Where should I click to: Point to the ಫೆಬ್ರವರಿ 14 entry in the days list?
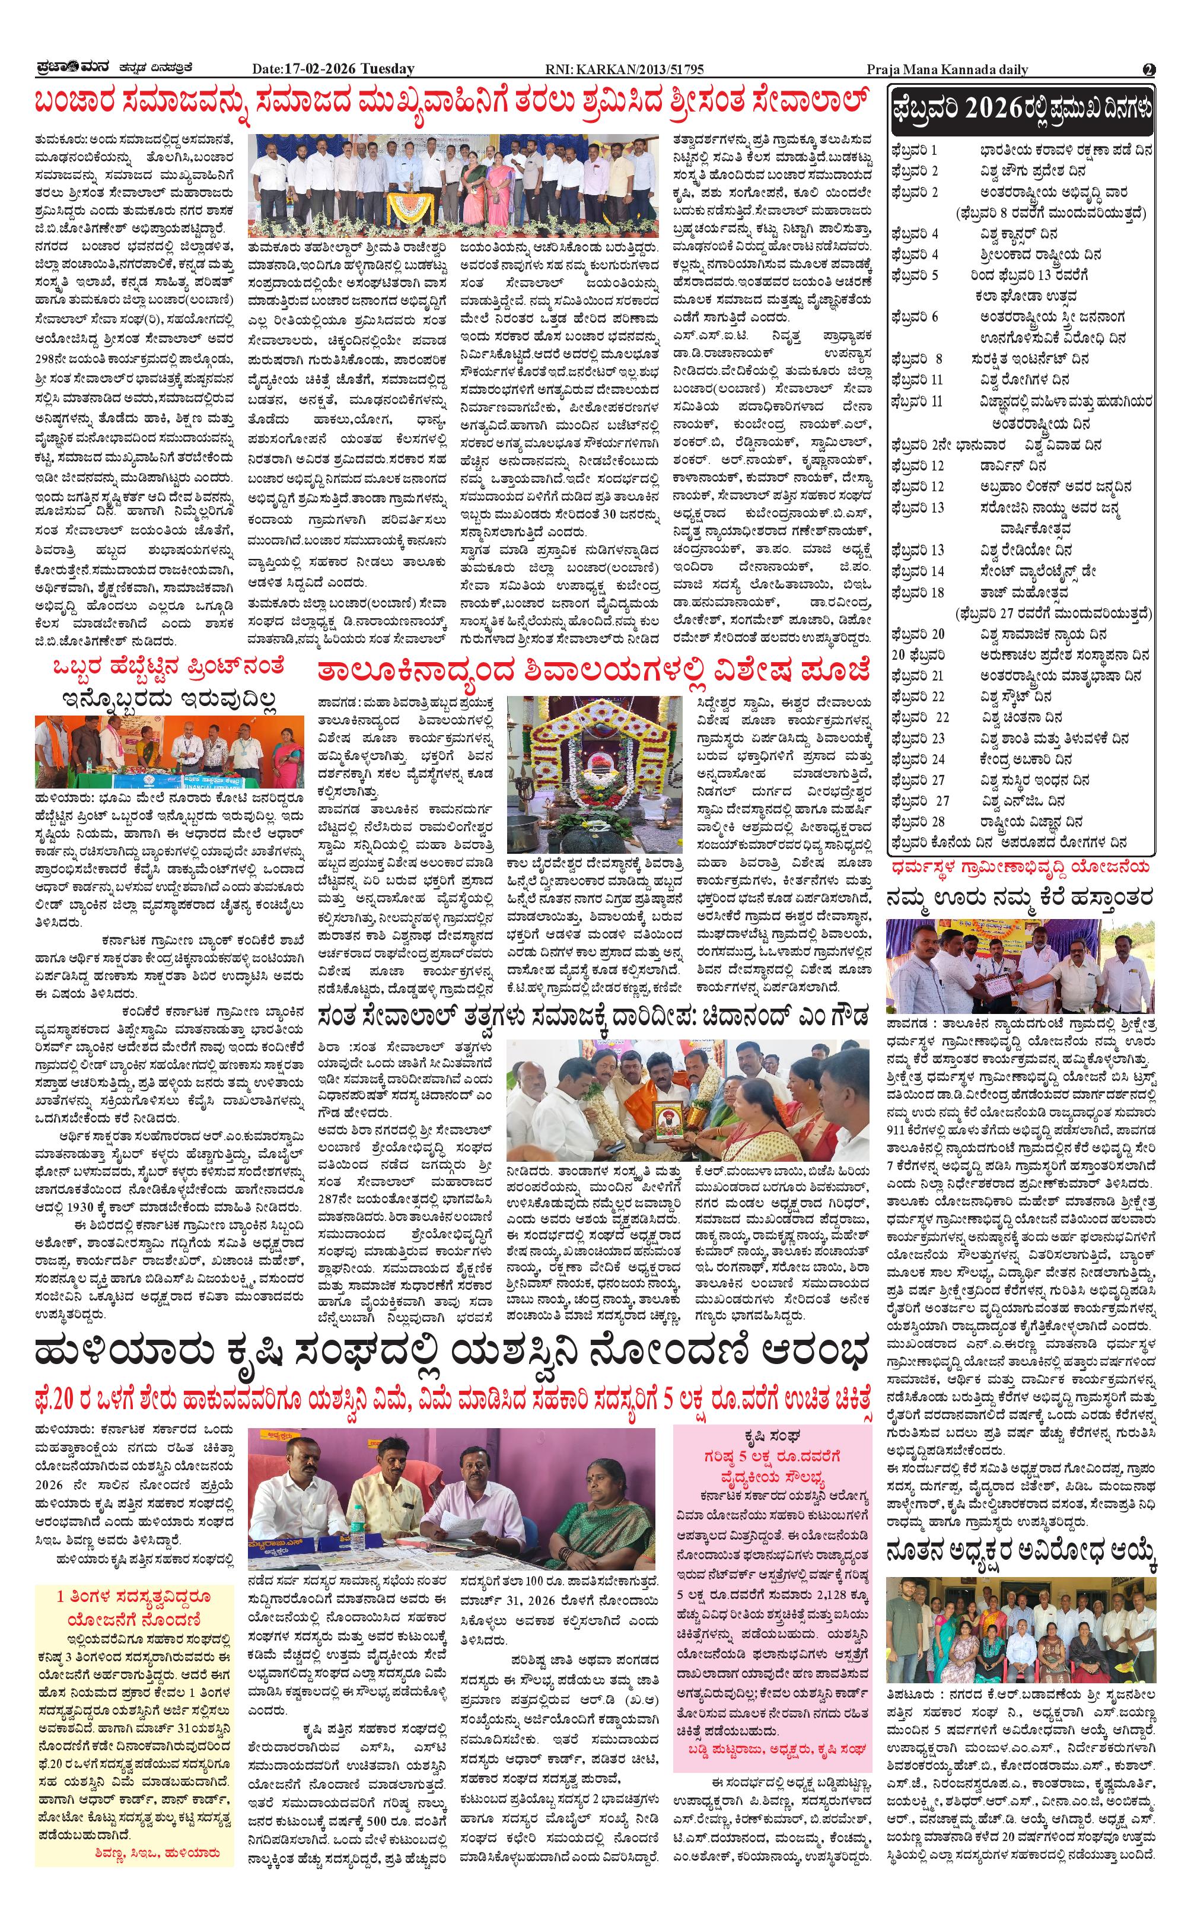coord(918,570)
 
